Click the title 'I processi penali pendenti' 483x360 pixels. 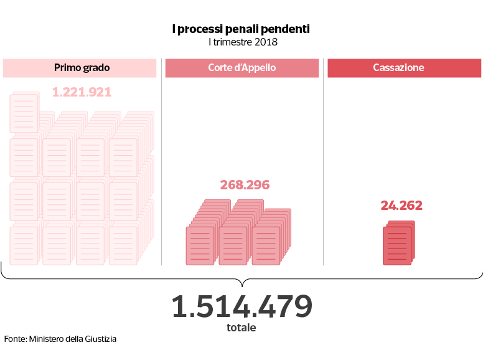(x=241, y=29)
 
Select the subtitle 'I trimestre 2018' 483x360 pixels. (x=241, y=42)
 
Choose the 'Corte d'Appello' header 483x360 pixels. (x=241, y=68)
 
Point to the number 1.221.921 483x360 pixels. (x=82, y=92)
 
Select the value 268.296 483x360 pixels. (x=245, y=185)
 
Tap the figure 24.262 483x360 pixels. (x=401, y=206)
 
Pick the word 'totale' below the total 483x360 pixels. (x=241, y=328)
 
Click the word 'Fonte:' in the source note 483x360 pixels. (x=15, y=339)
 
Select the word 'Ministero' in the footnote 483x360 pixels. (x=47, y=339)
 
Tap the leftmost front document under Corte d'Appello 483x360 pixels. (x=200, y=246)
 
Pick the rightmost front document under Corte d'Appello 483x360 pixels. (x=266, y=246)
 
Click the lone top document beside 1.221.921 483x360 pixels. (x=24, y=113)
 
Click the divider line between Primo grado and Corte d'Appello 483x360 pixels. (x=162, y=162)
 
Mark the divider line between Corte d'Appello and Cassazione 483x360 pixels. (x=324, y=162)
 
